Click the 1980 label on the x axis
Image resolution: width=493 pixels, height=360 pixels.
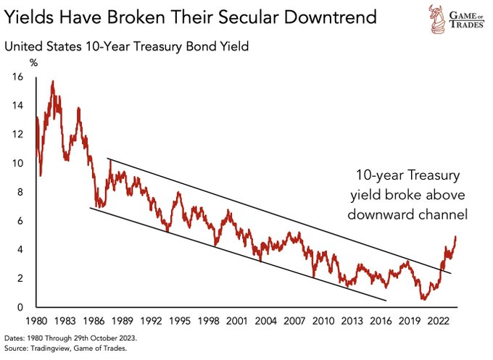coord(37,319)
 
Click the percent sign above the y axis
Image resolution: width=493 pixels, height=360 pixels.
coord(12,64)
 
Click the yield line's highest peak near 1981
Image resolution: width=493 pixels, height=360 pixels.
coord(53,81)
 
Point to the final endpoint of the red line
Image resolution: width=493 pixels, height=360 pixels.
coord(455,236)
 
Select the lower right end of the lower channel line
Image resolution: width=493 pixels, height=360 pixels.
coord(386,300)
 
